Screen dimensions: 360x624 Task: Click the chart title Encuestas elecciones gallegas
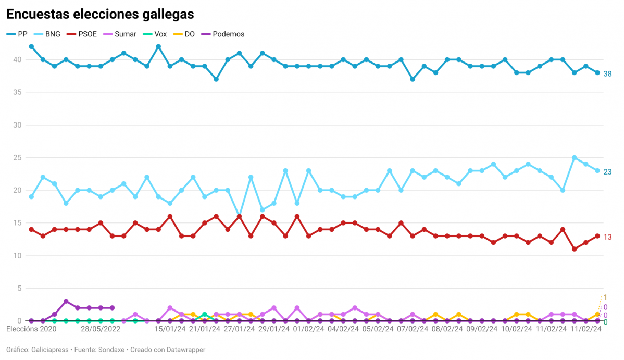(x=101, y=14)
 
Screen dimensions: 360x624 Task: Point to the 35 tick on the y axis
(x=17, y=92)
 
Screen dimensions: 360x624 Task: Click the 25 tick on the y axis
(x=17, y=158)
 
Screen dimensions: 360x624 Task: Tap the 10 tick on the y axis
(x=17, y=256)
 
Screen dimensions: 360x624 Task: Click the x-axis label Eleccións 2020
(x=31, y=329)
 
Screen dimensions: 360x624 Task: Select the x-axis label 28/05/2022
(x=101, y=329)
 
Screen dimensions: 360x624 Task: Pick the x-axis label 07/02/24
(x=413, y=329)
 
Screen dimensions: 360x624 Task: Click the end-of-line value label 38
(x=607, y=74)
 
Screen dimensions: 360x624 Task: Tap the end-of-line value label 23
(x=607, y=172)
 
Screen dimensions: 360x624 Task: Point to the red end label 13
(x=607, y=237)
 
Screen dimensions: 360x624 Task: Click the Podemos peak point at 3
(x=66, y=301)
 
